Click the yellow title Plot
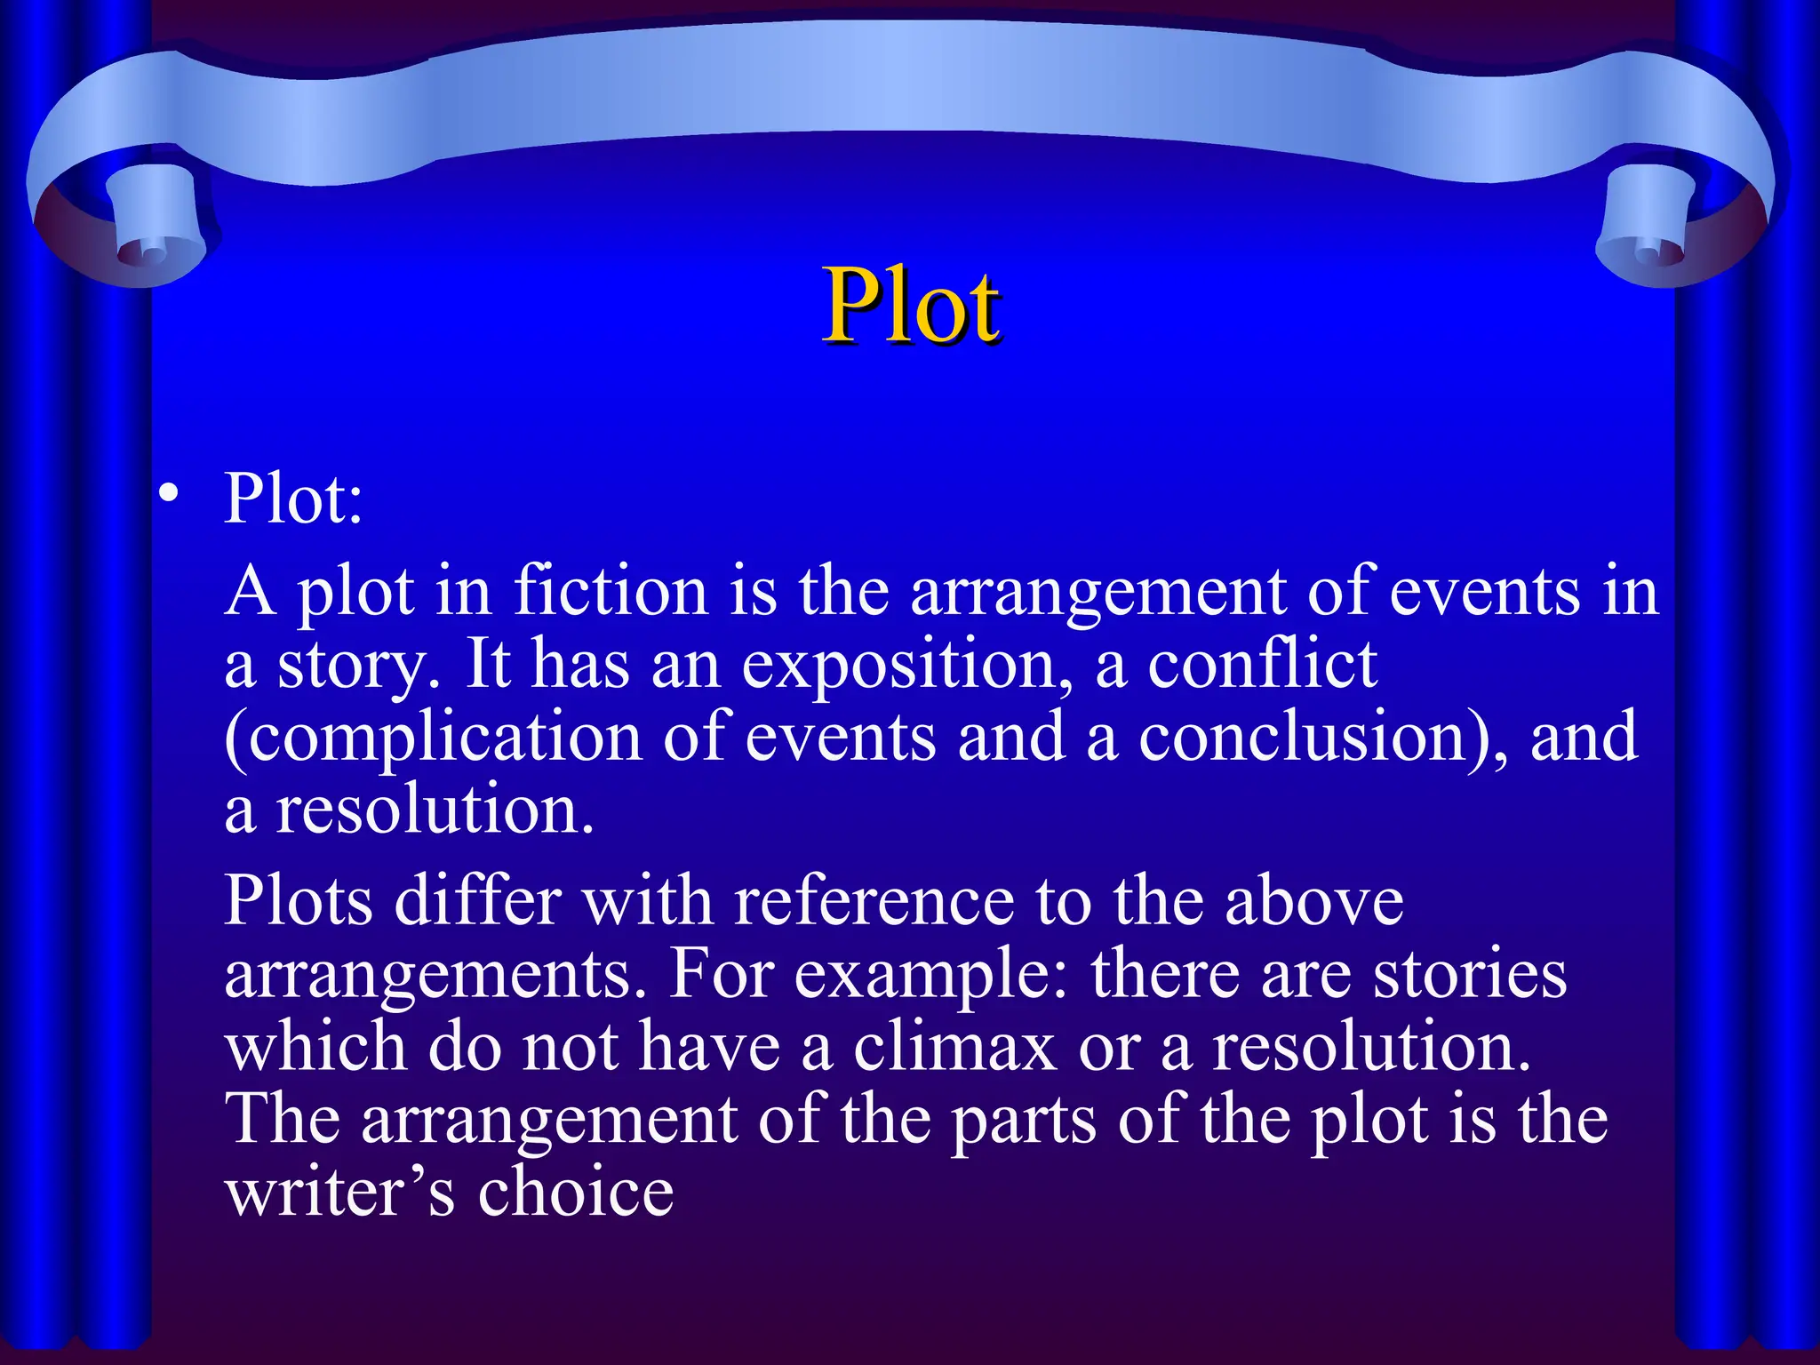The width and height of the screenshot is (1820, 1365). (912, 306)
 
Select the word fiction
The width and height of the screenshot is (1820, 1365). (611, 592)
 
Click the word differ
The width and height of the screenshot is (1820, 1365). (477, 901)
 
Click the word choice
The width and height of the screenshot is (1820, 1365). (576, 1193)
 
